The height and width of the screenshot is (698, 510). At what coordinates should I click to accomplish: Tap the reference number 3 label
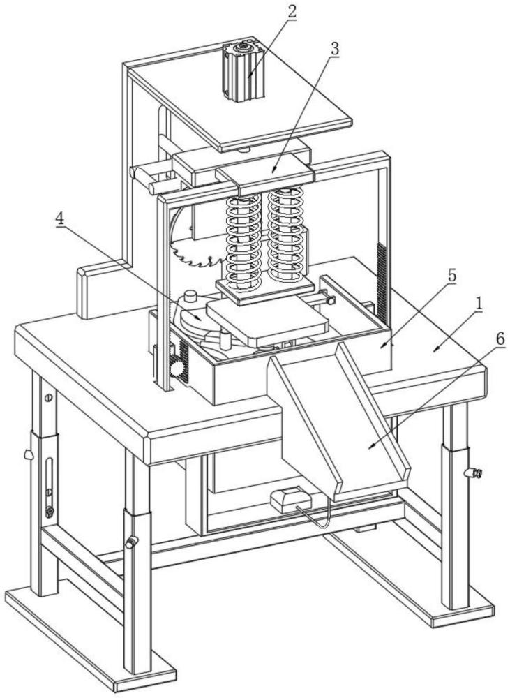pos(335,50)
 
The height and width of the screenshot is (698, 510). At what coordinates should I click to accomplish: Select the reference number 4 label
pos(61,218)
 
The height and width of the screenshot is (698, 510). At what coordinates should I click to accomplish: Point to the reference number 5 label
pos(451,276)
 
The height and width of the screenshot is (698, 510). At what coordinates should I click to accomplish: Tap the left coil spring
pos(242,241)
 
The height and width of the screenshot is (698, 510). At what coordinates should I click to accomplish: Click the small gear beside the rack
pos(177,369)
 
